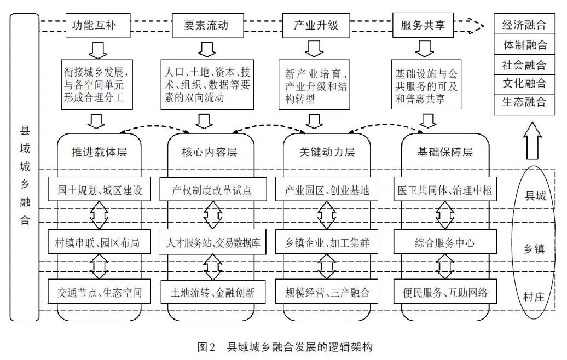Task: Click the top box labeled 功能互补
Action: point(94,25)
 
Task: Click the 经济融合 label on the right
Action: point(524,25)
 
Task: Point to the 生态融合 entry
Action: point(524,102)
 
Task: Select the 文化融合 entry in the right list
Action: point(524,83)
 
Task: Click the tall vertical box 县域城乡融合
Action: point(25,167)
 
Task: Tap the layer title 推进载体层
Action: point(100,152)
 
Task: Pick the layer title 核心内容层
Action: point(210,152)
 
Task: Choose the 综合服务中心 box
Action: point(444,242)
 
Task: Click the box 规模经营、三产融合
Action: point(327,293)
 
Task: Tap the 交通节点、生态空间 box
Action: point(100,293)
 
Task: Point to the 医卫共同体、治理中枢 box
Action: point(444,190)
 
